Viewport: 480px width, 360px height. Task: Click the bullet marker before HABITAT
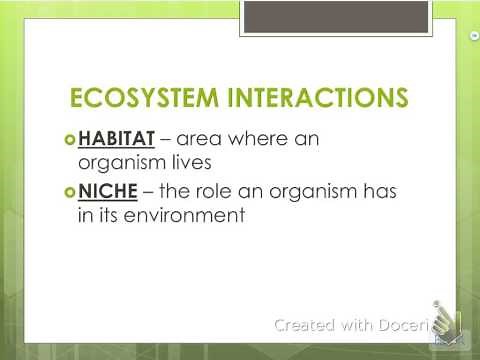(69, 138)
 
